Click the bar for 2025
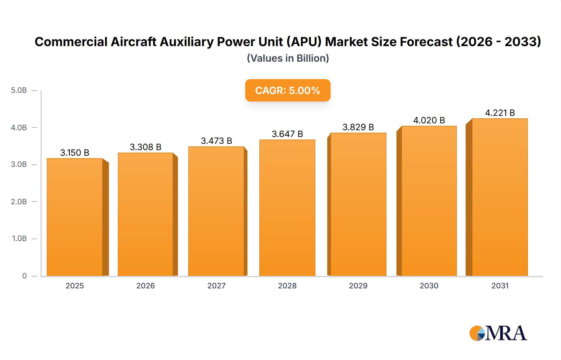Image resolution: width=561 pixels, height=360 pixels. pyautogui.click(x=75, y=217)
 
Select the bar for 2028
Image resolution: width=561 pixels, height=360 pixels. pyautogui.click(x=287, y=208)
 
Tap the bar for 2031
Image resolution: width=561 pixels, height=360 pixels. pyautogui.click(x=500, y=197)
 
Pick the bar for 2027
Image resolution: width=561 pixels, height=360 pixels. pyautogui.click(x=216, y=211)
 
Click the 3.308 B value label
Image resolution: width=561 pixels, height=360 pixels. pyautogui.click(x=146, y=147)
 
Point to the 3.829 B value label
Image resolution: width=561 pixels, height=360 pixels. pyautogui.click(x=358, y=127)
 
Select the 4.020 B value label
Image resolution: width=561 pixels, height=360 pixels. pyautogui.click(x=429, y=120)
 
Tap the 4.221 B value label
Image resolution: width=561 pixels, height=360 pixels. pyautogui.click(x=500, y=113)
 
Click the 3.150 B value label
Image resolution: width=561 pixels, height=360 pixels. pyautogui.click(x=75, y=153)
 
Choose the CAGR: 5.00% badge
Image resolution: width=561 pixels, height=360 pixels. pyautogui.click(x=288, y=90)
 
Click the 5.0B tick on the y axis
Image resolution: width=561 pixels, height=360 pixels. pyautogui.click(x=19, y=90)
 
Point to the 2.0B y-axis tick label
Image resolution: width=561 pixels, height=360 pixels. pyautogui.click(x=19, y=201)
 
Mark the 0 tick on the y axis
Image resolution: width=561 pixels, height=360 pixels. pyautogui.click(x=24, y=276)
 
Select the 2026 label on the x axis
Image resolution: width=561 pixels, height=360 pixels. pyautogui.click(x=146, y=286)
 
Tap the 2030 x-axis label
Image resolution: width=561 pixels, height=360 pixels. pyautogui.click(x=429, y=286)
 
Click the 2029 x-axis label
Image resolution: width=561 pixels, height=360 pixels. pyautogui.click(x=358, y=286)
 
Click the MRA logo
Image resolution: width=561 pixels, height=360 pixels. pyautogui.click(x=498, y=333)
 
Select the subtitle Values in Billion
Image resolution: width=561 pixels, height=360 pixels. pyautogui.click(x=288, y=58)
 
